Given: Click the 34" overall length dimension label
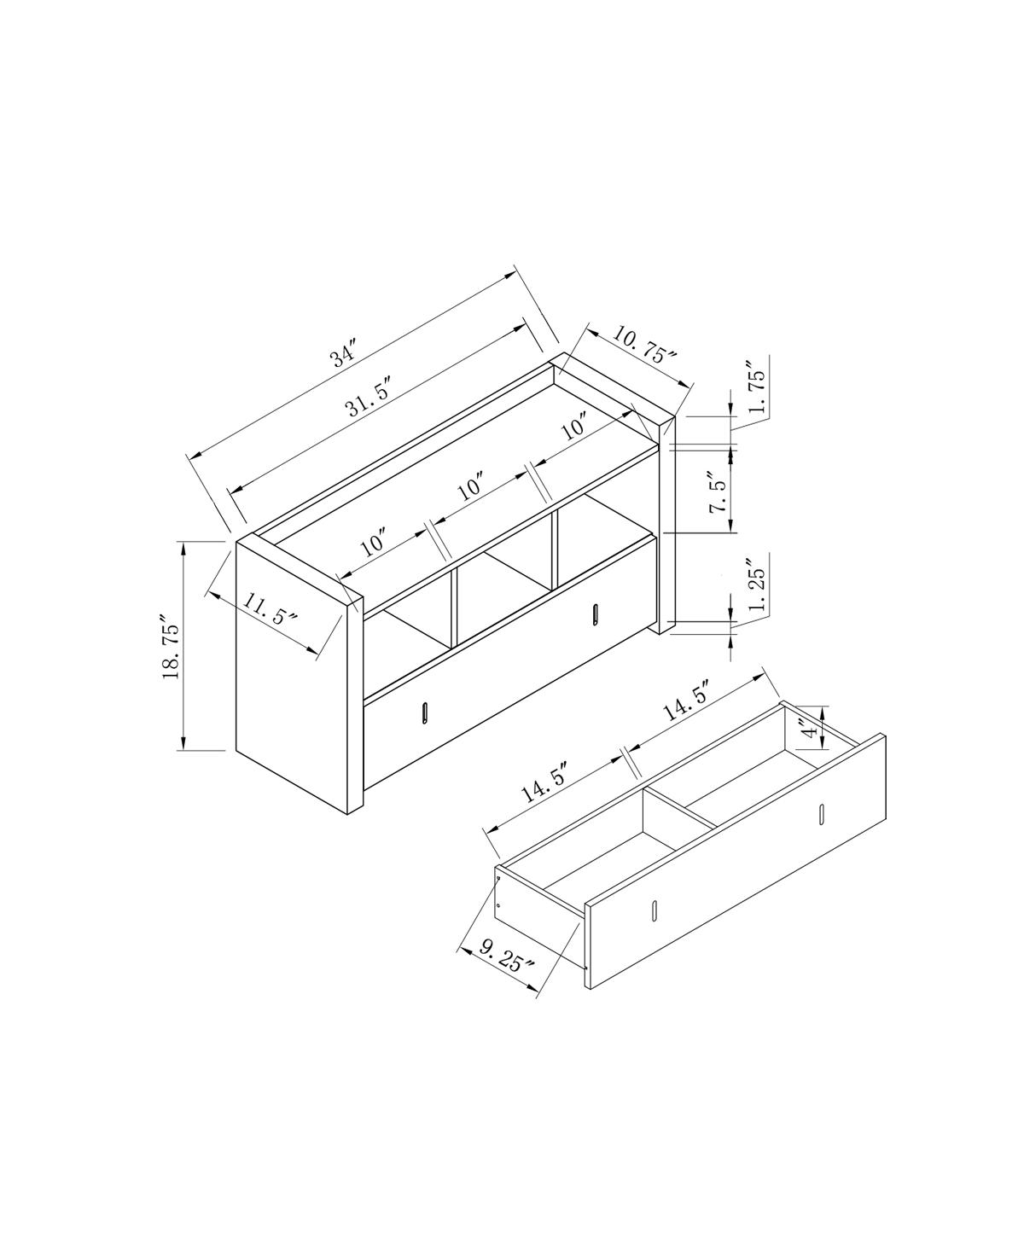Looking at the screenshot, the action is [x=344, y=353].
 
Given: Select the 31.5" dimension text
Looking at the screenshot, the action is [x=369, y=395].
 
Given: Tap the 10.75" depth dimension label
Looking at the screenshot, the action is [x=644, y=346].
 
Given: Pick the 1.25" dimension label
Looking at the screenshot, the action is [x=757, y=585].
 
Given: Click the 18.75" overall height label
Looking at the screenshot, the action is [x=172, y=651].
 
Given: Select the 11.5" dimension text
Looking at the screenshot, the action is [x=271, y=608].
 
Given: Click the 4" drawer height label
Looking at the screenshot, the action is [x=807, y=727].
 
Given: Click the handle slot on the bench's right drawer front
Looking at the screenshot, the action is [x=594, y=614].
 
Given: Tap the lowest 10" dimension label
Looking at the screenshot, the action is [x=374, y=542].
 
